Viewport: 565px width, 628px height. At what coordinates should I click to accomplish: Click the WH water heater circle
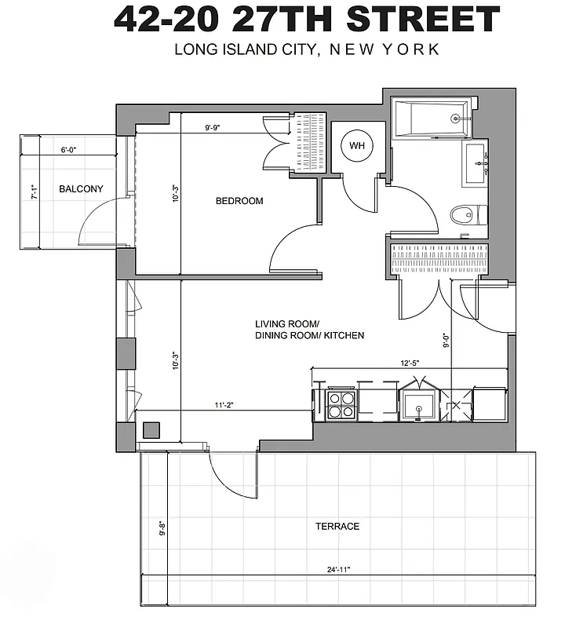coord(357,145)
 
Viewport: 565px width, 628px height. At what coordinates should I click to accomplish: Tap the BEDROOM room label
coord(239,201)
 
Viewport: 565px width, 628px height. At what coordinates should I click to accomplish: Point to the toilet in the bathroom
coord(468,214)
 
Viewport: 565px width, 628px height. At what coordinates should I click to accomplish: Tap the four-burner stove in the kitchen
coord(341,405)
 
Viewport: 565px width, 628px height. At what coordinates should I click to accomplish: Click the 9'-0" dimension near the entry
coord(445,341)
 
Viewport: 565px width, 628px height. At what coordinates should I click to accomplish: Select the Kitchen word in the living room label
coord(343,335)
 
